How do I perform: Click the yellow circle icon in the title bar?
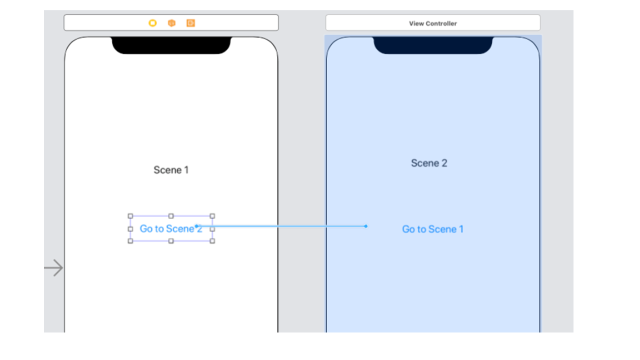point(152,23)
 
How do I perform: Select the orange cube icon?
point(171,23)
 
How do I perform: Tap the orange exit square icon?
point(190,23)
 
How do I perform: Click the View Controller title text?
point(432,23)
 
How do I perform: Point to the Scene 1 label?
point(171,170)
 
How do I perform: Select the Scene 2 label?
point(429,163)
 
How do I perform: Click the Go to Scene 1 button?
point(432,229)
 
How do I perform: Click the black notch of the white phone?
point(171,45)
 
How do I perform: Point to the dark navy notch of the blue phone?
point(432,45)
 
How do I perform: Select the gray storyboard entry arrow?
point(53,268)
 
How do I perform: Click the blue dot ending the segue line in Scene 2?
point(365,226)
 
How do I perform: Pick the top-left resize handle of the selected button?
point(130,216)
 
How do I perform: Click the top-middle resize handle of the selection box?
point(171,216)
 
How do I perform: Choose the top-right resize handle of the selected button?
point(212,216)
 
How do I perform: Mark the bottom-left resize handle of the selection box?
point(130,241)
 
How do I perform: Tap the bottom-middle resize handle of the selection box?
point(171,241)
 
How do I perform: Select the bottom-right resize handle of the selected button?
point(212,241)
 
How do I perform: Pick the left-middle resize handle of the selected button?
point(130,228)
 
